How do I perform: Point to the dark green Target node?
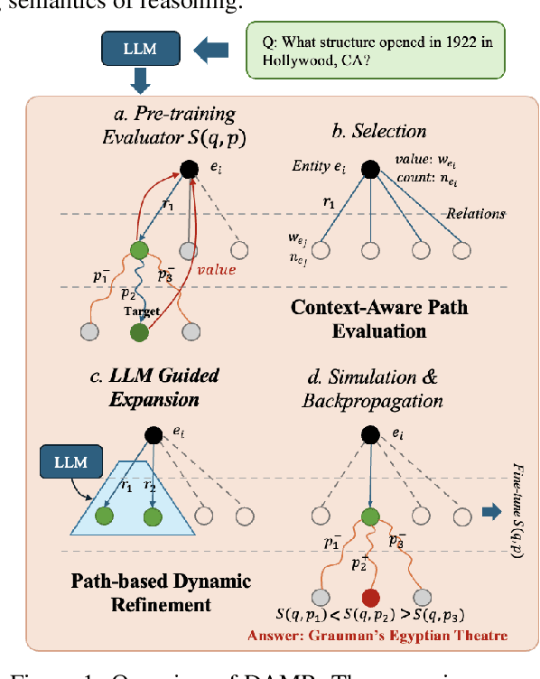pos(138,332)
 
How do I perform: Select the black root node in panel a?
pos(189,169)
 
